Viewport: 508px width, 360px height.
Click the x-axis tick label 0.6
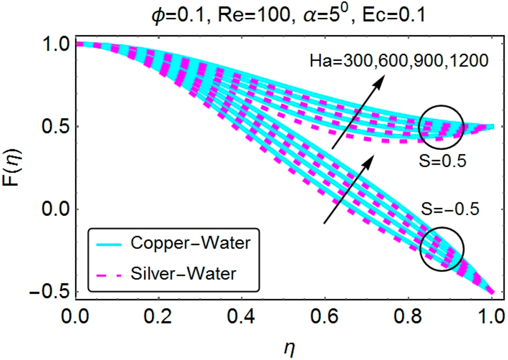click(x=325, y=315)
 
